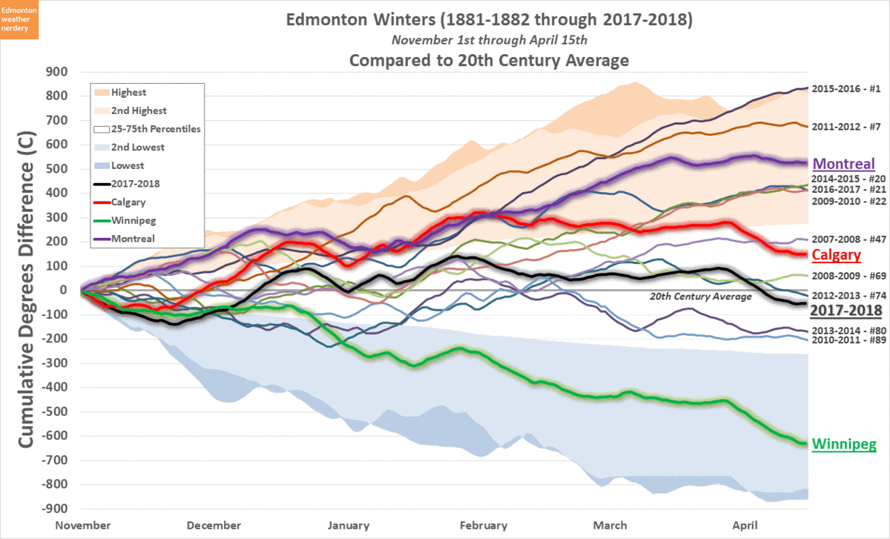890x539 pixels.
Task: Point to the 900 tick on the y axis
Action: [x=57, y=72]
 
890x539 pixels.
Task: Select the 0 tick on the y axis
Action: [x=63, y=291]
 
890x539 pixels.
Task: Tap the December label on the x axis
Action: [x=215, y=526]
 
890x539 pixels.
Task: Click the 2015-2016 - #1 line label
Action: [x=845, y=89]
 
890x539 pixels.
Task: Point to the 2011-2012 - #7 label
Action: [x=845, y=127]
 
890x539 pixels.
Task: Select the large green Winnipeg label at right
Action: [x=845, y=445]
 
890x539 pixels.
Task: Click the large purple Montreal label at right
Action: [x=844, y=165]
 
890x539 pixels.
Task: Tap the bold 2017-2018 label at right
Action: [x=845, y=310]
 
